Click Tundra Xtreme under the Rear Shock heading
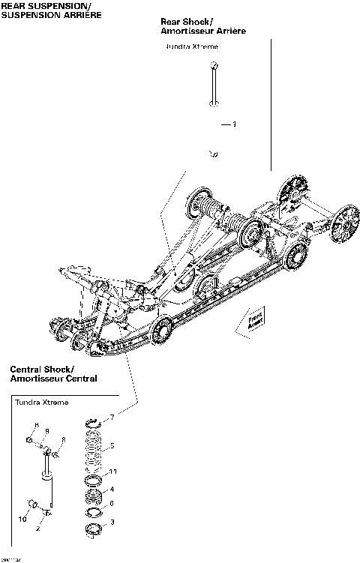click(191, 46)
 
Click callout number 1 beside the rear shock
click(234, 124)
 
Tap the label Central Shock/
click(42, 370)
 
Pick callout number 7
click(112, 416)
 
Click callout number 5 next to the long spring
click(112, 446)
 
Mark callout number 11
click(114, 472)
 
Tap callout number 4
click(112, 490)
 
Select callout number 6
click(112, 503)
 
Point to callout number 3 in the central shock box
click(112, 521)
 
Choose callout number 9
click(46, 431)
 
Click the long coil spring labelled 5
click(92, 448)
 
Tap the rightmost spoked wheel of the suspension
click(344, 222)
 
